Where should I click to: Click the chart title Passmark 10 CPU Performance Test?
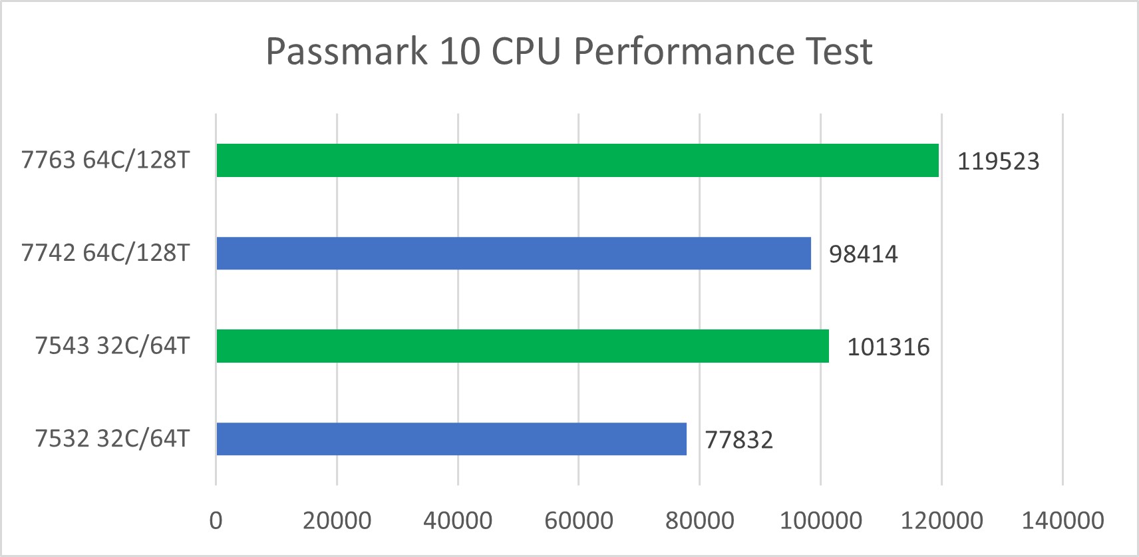pos(569,51)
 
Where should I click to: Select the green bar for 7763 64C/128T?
pos(577,160)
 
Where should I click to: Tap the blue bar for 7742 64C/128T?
pos(513,254)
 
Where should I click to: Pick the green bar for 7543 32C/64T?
pos(522,346)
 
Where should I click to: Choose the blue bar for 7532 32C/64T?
pos(451,439)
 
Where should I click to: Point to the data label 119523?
pos(998,162)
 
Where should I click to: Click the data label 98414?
pos(863,254)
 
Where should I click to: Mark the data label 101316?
pos(888,347)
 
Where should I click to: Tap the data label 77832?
pos(738,441)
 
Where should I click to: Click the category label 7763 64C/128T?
pos(106,160)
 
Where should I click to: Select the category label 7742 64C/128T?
pos(106,254)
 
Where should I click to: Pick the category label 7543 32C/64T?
pos(112,346)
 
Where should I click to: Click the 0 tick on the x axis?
pos(216,520)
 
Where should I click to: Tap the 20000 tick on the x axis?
pos(337,520)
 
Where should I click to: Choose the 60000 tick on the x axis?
pos(579,520)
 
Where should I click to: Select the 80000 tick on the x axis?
pos(700,520)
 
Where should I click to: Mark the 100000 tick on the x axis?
pos(820,520)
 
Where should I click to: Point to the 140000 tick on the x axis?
pos(1062,520)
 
